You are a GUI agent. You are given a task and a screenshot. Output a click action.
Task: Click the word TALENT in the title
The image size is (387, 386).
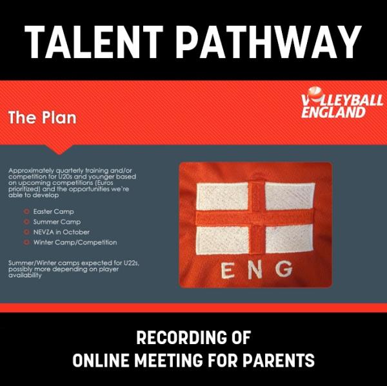click(94, 42)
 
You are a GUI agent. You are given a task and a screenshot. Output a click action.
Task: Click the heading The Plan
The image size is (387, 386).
click(43, 117)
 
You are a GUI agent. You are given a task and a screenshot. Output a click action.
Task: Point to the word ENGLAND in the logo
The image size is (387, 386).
click(333, 112)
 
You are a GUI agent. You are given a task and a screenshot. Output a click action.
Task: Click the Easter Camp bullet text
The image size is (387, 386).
click(54, 211)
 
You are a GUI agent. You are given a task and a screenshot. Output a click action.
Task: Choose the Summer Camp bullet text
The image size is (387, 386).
click(57, 222)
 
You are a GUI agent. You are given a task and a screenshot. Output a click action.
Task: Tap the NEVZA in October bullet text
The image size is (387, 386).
click(61, 232)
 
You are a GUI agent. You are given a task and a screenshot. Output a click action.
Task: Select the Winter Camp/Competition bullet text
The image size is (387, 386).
click(75, 242)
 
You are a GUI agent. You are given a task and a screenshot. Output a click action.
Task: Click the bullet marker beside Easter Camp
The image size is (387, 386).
click(26, 211)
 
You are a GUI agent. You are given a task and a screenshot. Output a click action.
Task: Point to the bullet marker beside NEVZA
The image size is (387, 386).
click(26, 232)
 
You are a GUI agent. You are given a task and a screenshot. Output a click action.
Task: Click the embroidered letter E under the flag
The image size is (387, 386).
click(227, 271)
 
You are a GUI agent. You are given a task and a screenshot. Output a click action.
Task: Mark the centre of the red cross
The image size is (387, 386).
click(257, 218)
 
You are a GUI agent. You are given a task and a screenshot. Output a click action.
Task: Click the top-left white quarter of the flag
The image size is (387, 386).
click(223, 197)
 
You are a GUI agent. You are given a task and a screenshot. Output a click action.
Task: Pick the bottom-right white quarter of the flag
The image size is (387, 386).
click(289, 238)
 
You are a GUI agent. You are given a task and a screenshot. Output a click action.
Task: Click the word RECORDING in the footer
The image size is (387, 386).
click(182, 338)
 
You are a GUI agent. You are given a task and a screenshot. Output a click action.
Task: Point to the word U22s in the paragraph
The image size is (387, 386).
click(132, 263)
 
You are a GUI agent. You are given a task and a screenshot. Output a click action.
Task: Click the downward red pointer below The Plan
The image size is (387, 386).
click(59, 150)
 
